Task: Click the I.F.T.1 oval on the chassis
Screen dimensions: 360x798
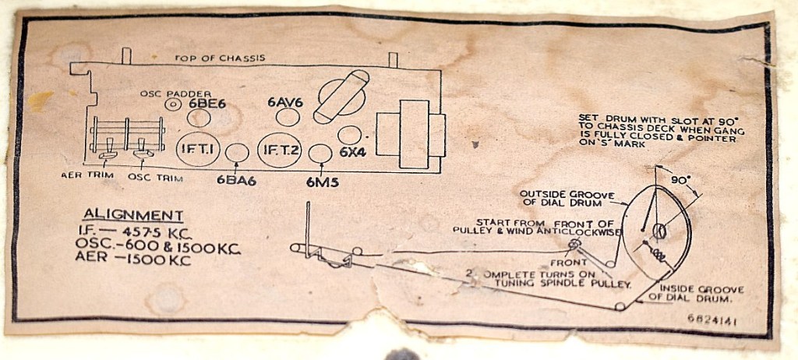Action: (x=199, y=150)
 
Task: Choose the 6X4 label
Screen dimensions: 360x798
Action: (x=352, y=152)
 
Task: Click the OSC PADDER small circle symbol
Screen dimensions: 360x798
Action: (x=172, y=104)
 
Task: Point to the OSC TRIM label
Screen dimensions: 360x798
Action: (x=154, y=177)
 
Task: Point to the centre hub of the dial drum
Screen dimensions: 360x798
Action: (x=659, y=231)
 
